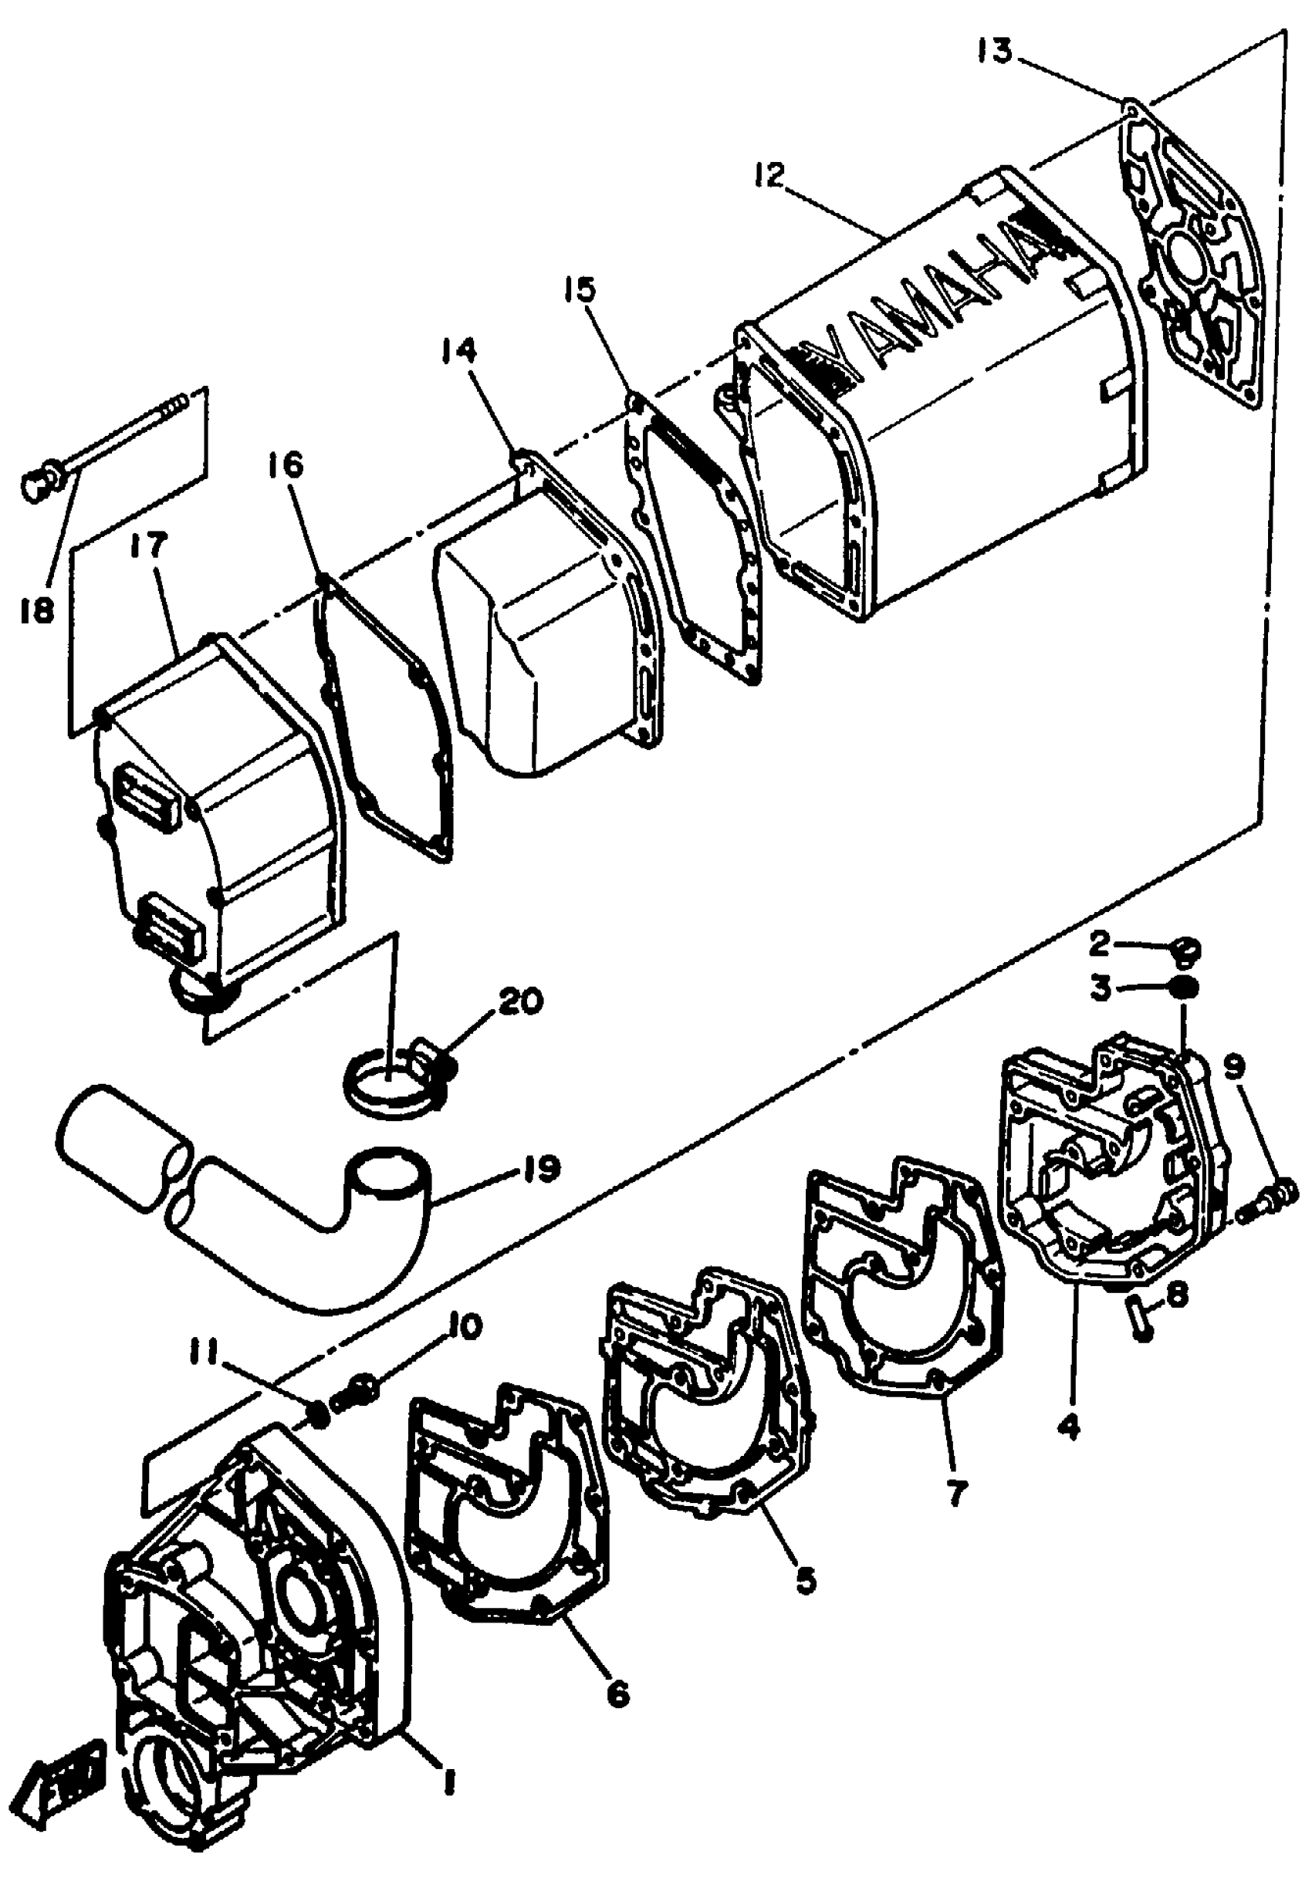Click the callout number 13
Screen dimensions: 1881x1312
[x=994, y=52]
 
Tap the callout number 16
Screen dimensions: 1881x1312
[x=284, y=466]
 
